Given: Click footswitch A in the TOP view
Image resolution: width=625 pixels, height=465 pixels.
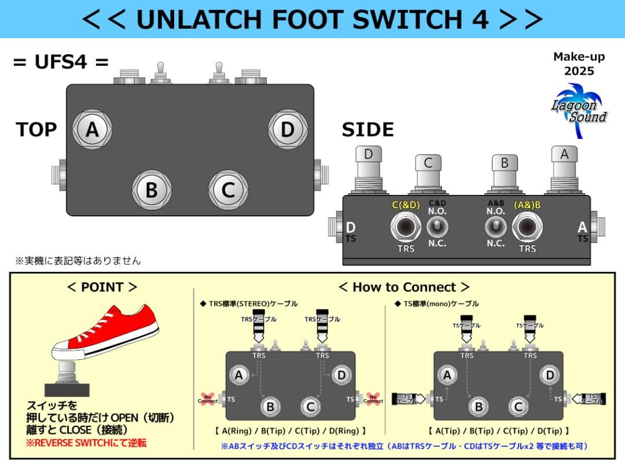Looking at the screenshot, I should tap(92, 130).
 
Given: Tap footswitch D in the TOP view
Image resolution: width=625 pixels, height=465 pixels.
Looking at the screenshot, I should tap(288, 130).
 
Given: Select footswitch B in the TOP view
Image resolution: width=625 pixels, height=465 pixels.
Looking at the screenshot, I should tap(152, 190).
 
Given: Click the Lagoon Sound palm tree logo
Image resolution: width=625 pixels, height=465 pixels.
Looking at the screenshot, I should tap(579, 105).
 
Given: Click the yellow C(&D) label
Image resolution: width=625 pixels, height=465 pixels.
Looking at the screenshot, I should tap(406, 205).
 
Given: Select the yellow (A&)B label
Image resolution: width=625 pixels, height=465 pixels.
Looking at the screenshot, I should tap(527, 205).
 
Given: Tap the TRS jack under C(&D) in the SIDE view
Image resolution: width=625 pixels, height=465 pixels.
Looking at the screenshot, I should tap(405, 227).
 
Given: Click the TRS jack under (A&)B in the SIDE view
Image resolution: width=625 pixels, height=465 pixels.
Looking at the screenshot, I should tap(527, 227).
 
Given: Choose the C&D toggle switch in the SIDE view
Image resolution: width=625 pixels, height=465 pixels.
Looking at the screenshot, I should tap(437, 227).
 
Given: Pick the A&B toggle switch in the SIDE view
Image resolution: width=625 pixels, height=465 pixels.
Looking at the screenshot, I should tap(495, 227).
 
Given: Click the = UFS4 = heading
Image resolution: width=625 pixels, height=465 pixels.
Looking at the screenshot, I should tap(61, 62).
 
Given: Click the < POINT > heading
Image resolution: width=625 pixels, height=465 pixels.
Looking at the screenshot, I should tap(102, 287).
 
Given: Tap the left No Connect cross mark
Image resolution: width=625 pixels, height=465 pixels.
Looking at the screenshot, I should tap(208, 398).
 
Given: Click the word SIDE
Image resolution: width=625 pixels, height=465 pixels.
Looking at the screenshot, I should tap(367, 130).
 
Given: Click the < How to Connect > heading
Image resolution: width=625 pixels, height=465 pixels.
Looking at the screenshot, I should tap(404, 287).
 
